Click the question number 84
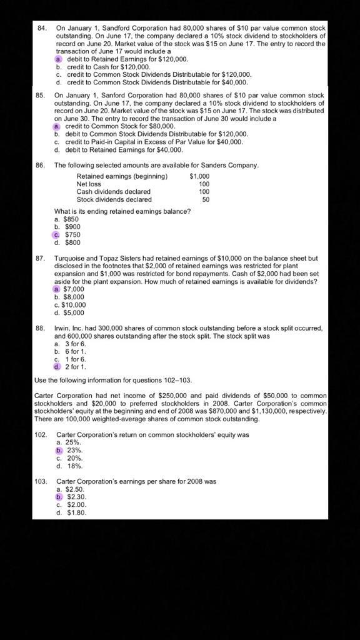click(x=42, y=28)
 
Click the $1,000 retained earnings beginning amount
click(x=199, y=176)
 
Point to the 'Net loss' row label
click(x=88, y=184)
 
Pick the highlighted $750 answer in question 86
click(x=72, y=234)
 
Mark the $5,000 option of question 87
click(x=73, y=312)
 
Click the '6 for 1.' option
click(x=75, y=351)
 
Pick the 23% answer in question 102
click(x=74, y=450)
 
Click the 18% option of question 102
click(x=74, y=466)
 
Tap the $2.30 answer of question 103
click(x=76, y=497)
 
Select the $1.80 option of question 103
click(x=76, y=512)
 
